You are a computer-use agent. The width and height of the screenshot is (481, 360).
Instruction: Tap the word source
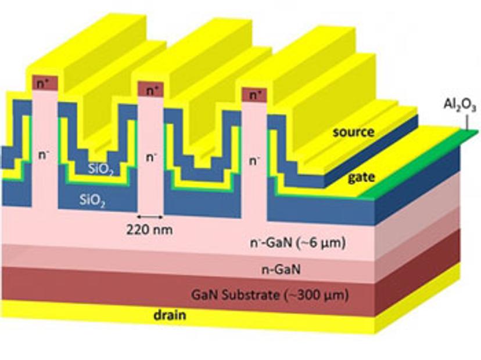[x=353, y=132]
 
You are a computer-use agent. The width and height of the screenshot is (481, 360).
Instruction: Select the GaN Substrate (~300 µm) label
[x=270, y=295]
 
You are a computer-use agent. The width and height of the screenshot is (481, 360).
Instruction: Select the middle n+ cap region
[x=150, y=89]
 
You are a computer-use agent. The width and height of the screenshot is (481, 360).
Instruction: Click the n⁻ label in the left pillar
[x=43, y=156]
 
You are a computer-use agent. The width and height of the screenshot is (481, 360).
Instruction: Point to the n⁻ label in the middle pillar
[x=150, y=157]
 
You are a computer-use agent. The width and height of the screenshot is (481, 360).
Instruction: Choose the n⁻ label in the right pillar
[x=253, y=161]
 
